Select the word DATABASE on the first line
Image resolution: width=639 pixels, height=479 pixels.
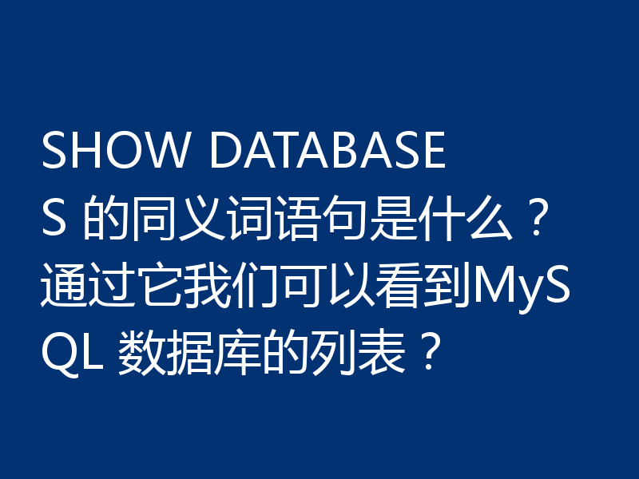pyautogui.click(x=327, y=152)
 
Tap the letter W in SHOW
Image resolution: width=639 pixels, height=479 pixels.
pyautogui.click(x=169, y=152)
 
